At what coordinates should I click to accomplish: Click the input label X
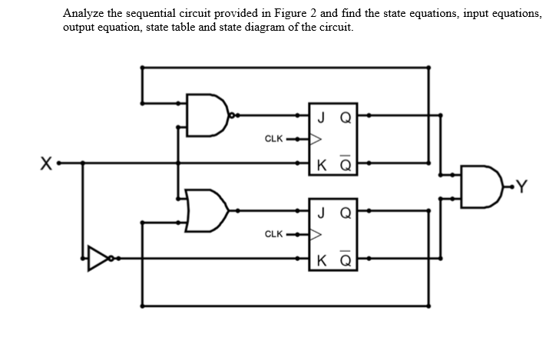tap(46, 163)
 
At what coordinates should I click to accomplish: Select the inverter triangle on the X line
tap(99, 259)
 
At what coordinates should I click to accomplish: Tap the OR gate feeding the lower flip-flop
tap(207, 208)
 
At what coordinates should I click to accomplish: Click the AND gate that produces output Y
tap(472, 184)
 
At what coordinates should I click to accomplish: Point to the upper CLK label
tap(274, 139)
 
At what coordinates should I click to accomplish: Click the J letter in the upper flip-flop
tap(319, 117)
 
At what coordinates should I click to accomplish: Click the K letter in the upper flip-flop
tap(319, 163)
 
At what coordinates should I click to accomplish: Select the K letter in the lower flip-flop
tap(319, 257)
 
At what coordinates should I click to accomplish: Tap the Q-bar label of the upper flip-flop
tap(346, 163)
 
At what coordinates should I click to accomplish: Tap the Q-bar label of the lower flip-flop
tap(346, 257)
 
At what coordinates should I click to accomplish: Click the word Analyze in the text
tap(84, 13)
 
